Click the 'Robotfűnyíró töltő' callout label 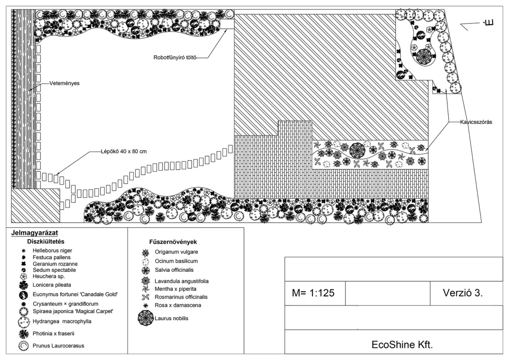tap(175, 58)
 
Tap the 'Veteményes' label tap(65, 83)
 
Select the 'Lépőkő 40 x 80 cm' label tap(124, 151)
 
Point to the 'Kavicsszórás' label tap(476, 122)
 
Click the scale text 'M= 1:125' tap(313, 293)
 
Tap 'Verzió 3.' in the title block tap(463, 292)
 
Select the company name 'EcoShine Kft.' tap(402, 344)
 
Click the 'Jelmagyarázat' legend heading tap(35, 233)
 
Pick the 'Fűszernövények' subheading tap(173, 242)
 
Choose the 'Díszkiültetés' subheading tap(46, 242)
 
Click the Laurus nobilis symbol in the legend tap(145, 318)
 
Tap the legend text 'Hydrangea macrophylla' tap(62, 321)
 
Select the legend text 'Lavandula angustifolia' tap(181, 281)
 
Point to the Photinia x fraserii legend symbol tap(24, 333)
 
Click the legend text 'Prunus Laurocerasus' tap(59, 346)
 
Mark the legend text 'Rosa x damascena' tap(178, 305)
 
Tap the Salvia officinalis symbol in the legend tap(146, 270)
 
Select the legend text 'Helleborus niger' tap(52, 251)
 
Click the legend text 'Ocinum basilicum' tap(176, 261)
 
